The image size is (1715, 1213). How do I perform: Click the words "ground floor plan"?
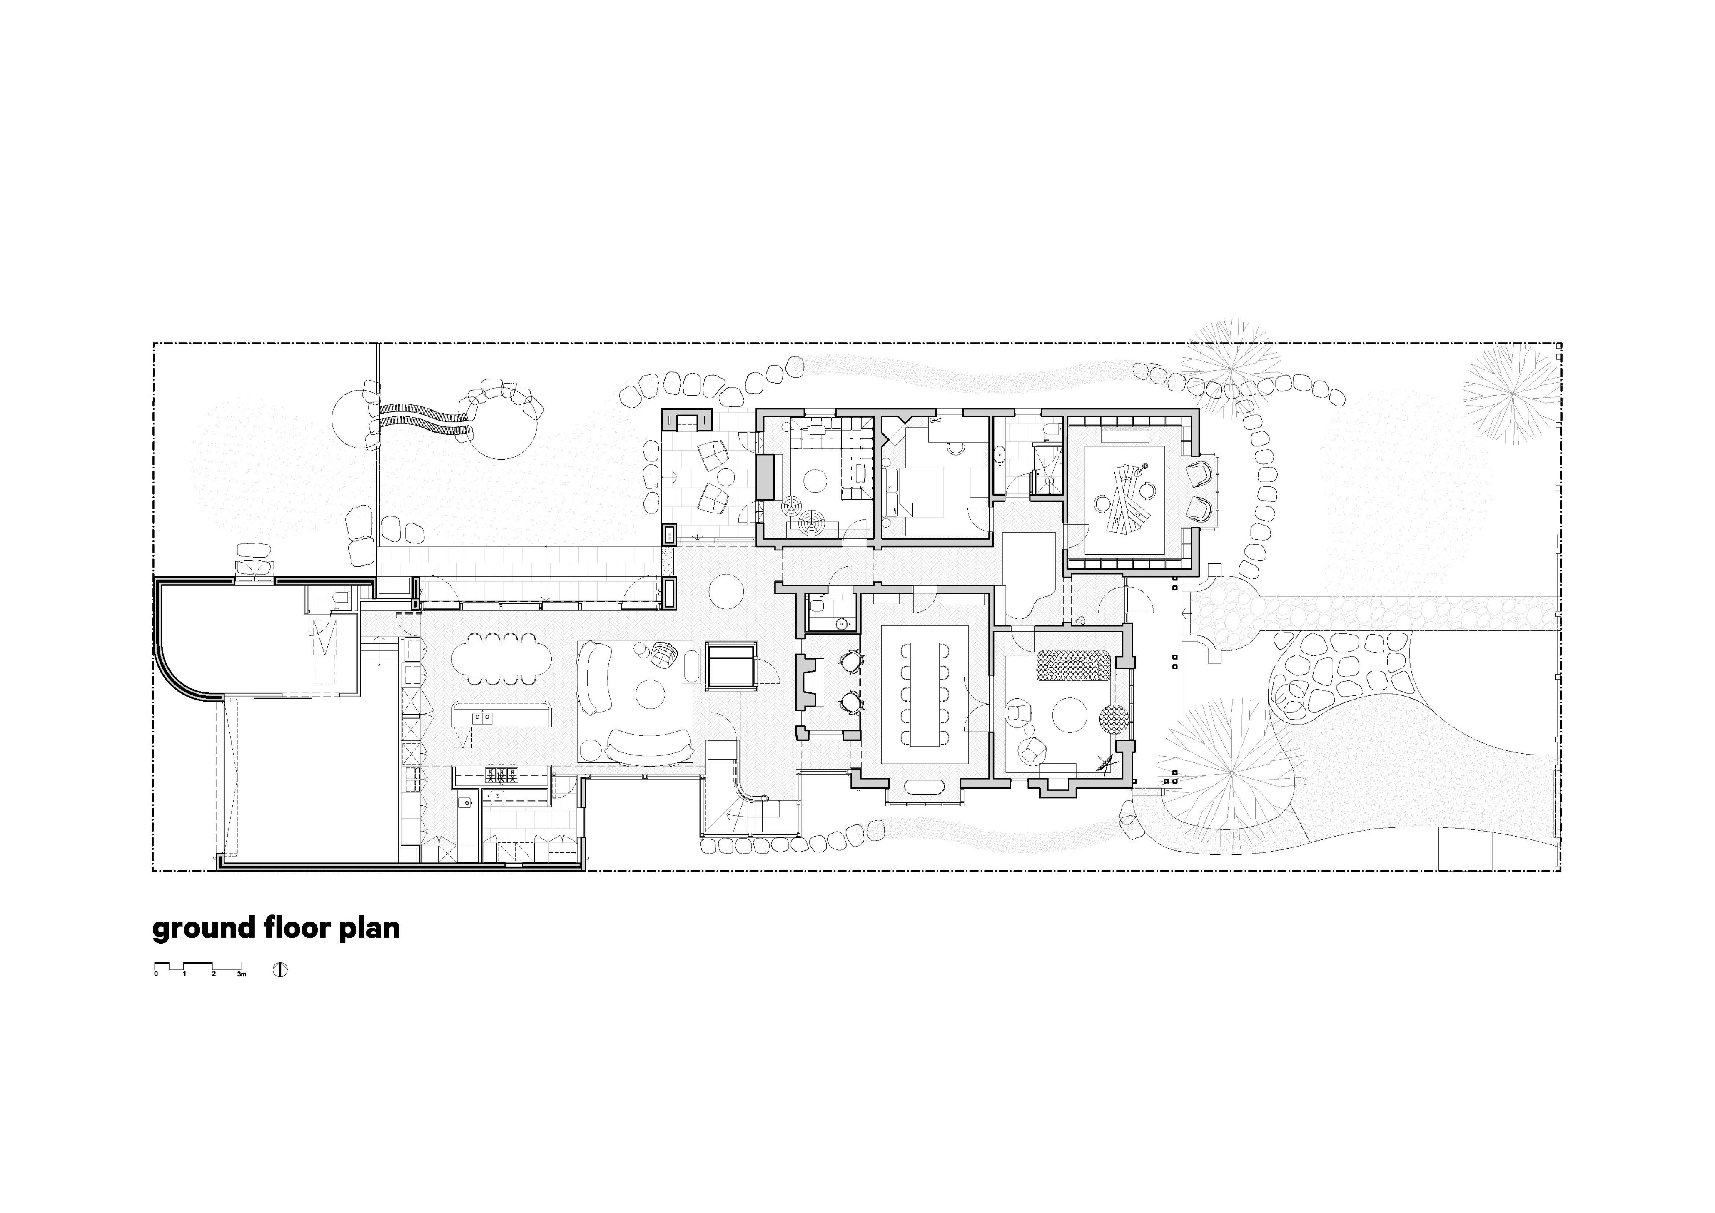click(276, 929)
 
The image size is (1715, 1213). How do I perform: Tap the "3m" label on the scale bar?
click(241, 975)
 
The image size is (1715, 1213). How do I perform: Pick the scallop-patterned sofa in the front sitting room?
click(1073, 665)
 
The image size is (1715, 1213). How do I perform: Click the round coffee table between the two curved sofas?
click(650, 695)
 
